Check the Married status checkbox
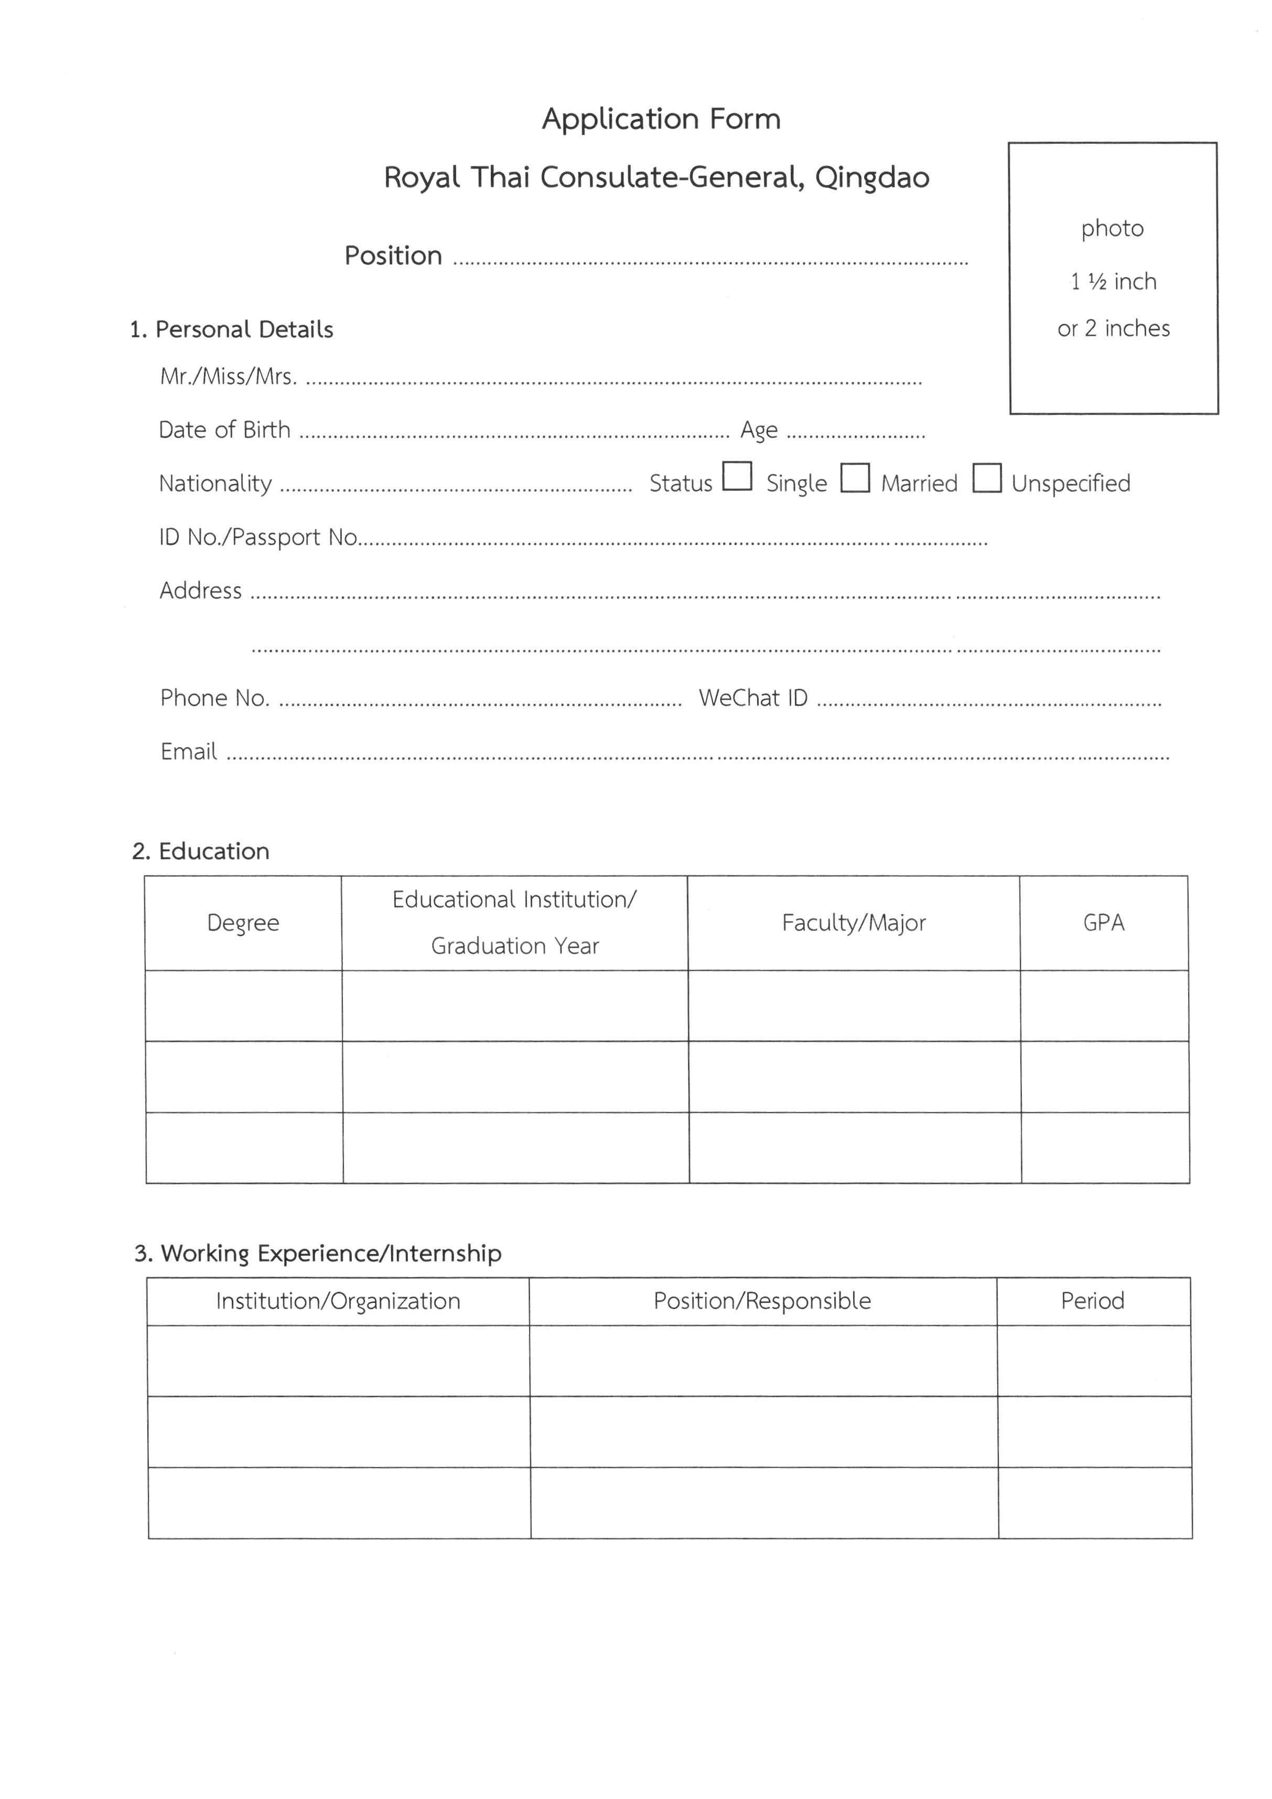click(x=855, y=477)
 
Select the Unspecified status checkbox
click(x=986, y=477)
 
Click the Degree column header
click(x=243, y=923)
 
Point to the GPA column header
click(x=1104, y=923)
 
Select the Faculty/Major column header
click(x=854, y=923)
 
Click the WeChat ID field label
click(x=753, y=698)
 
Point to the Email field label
click(x=189, y=752)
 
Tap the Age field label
click(x=759, y=430)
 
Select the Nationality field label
click(x=215, y=484)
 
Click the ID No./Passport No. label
click(x=258, y=538)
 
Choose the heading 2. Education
click(x=200, y=852)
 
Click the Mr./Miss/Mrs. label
click(x=228, y=377)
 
